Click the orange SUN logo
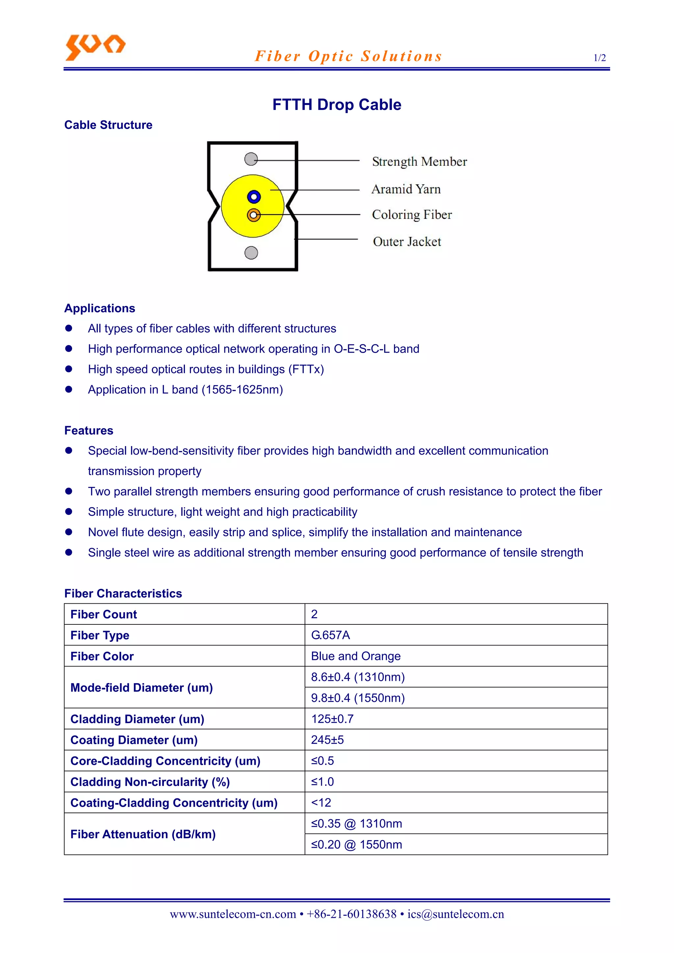(95, 46)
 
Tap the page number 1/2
(599, 58)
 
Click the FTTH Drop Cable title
(336, 105)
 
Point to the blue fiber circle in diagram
(254, 197)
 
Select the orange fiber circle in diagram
(254, 215)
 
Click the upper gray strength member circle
(251, 159)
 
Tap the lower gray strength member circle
(251, 252)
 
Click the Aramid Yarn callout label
(406, 189)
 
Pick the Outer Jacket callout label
(406, 241)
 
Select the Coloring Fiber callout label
(412, 214)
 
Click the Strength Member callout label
(419, 162)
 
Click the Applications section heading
(100, 308)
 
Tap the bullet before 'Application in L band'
(69, 389)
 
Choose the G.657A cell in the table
(330, 635)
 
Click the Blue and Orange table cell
(355, 656)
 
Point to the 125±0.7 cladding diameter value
(332, 719)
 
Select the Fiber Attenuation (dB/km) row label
(143, 834)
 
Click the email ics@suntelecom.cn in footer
(455, 914)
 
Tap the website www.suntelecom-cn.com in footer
(233, 914)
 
